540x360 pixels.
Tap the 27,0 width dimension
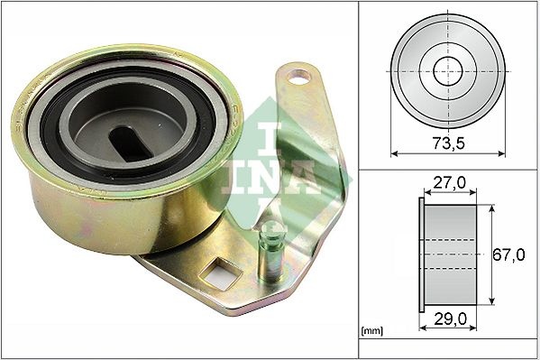point(448,184)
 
